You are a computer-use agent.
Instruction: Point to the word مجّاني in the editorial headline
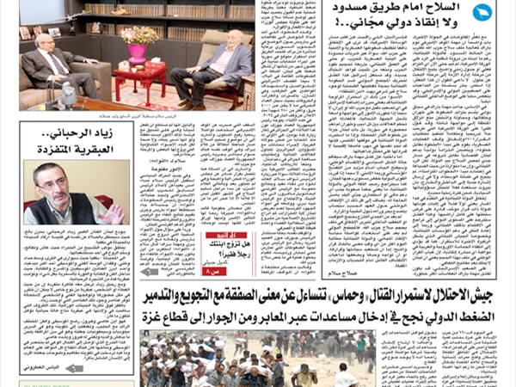coord(356,22)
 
